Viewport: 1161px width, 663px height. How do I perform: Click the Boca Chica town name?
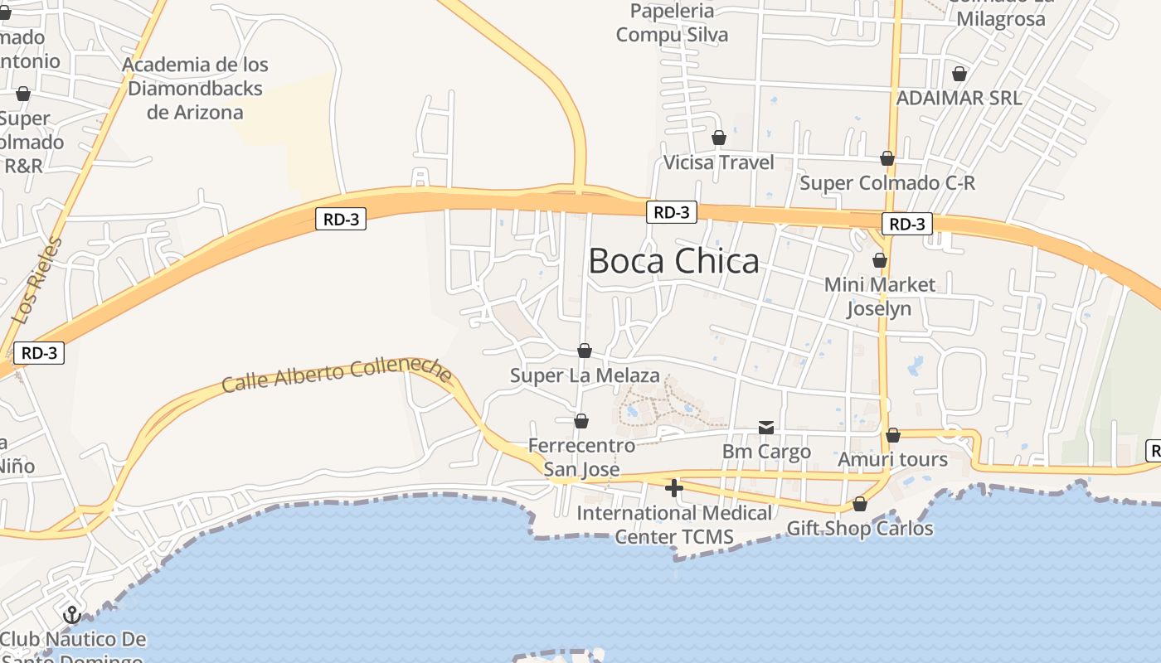[673, 261]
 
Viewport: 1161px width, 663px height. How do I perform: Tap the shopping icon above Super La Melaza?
[585, 351]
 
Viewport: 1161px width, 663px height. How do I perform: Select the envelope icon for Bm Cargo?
[766, 428]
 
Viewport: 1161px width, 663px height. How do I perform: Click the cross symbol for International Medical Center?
[674, 488]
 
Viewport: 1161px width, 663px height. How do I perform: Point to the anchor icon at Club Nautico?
[72, 615]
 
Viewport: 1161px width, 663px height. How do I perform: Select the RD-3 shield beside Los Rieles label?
[39, 353]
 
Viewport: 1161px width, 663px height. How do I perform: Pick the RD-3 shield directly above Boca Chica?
[671, 212]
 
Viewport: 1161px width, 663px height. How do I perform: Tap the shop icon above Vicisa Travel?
[719, 138]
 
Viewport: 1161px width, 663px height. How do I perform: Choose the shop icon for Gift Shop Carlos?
[860, 504]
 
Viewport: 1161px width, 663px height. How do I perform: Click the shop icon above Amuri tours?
[893, 435]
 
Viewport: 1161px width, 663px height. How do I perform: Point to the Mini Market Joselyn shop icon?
[880, 261]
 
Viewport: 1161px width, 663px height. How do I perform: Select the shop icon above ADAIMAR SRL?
[959, 74]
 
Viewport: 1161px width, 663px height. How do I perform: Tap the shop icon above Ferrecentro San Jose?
[581, 422]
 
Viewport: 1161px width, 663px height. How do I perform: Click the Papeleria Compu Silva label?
[672, 23]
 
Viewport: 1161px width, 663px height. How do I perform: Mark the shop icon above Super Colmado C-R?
[887, 158]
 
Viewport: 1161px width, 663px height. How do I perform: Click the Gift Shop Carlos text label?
[860, 528]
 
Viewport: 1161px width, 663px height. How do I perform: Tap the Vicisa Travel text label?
[719, 162]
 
